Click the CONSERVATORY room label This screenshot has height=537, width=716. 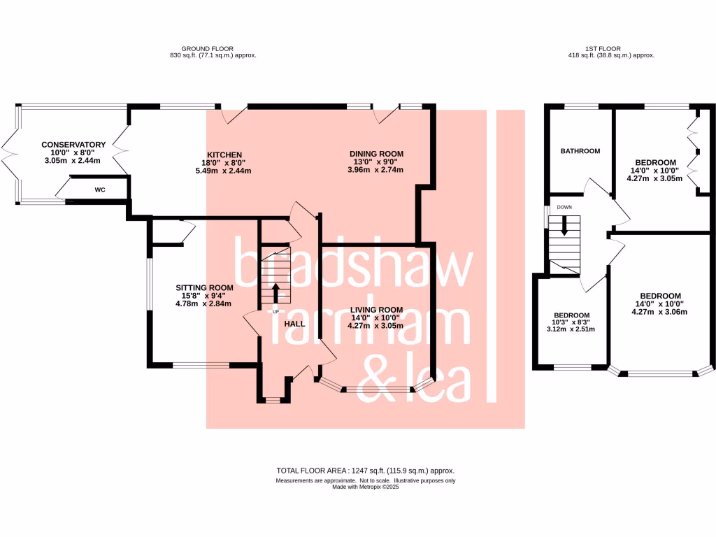coord(73,145)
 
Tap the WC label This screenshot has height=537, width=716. coord(100,189)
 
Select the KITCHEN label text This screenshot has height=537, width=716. coord(224,155)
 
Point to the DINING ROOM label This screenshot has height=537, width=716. coord(377,154)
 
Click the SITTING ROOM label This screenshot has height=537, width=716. coord(203,287)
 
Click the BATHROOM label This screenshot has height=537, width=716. coord(580,151)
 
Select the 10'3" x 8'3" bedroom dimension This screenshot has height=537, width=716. coord(572,322)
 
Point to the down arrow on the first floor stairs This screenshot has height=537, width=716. coord(564,227)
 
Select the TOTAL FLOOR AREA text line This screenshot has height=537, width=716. coord(370,471)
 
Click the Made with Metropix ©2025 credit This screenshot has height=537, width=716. coord(366,487)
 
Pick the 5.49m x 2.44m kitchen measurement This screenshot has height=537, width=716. coord(224,171)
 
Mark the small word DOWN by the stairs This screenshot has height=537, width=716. coord(564,208)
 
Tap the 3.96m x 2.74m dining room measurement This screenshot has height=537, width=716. coord(377,170)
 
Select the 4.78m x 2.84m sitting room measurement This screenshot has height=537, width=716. coord(203,303)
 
